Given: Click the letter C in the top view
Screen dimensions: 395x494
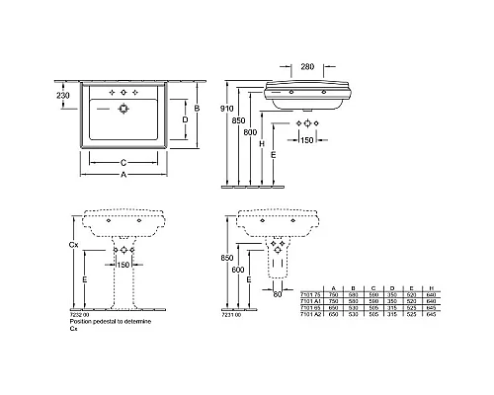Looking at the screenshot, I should coord(123,161).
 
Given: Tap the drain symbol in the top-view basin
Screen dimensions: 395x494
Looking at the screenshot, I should coord(123,111).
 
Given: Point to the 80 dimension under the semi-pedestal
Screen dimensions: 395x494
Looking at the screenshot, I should coord(277,293).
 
